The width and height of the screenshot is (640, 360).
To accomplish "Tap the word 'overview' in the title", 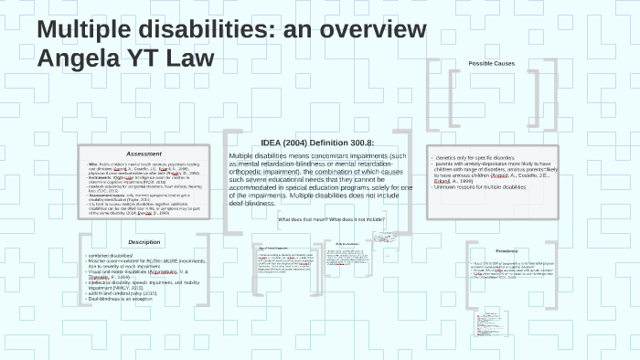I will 377,31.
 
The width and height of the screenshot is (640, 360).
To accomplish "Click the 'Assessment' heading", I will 144,154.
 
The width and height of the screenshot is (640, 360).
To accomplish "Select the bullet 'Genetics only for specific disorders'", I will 485,159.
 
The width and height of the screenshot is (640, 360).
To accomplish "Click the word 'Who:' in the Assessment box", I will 92,164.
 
